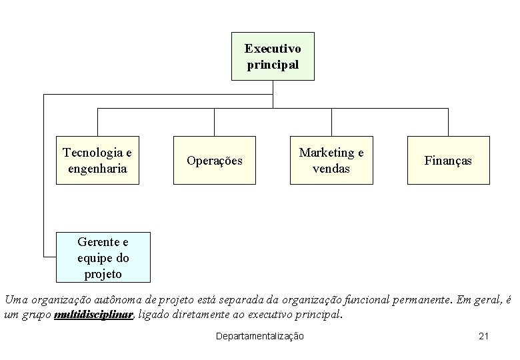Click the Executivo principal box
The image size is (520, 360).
(273, 57)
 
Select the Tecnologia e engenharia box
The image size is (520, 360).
(97, 160)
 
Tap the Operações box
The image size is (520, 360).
(215, 160)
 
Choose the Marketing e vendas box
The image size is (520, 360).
(331, 160)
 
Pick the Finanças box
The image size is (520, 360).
(448, 160)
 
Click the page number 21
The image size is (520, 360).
(484, 336)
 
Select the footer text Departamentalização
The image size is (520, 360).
(260, 336)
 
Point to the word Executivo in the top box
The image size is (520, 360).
(273, 49)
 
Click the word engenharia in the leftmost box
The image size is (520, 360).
(97, 168)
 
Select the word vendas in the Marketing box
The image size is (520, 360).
(331, 169)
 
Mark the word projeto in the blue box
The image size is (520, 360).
(103, 273)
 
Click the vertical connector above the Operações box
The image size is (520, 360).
(215, 122)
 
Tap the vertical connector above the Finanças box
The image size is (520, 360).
(448, 122)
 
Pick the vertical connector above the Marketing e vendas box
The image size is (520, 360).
(331, 122)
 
